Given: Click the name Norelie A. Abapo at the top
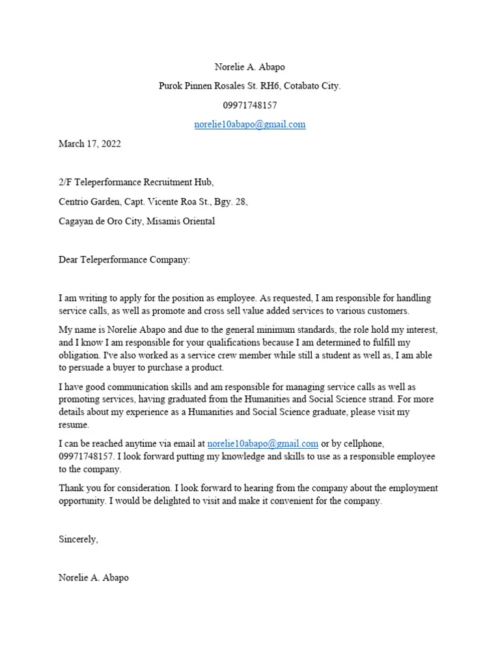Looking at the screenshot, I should point(249,67).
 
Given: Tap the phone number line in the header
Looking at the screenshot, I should point(249,105).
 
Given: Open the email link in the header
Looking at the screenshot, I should point(249,124).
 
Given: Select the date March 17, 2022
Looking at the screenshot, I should point(90,144).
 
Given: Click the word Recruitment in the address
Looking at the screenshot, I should point(164,182).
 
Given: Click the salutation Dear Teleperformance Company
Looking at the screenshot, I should point(124,260).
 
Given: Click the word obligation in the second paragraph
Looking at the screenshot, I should point(79,356).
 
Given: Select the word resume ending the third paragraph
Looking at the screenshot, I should point(73,425).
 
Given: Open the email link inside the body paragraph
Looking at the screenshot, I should point(262,444).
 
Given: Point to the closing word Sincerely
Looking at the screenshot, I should point(78,539).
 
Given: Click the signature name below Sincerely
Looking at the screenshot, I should point(94,578).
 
